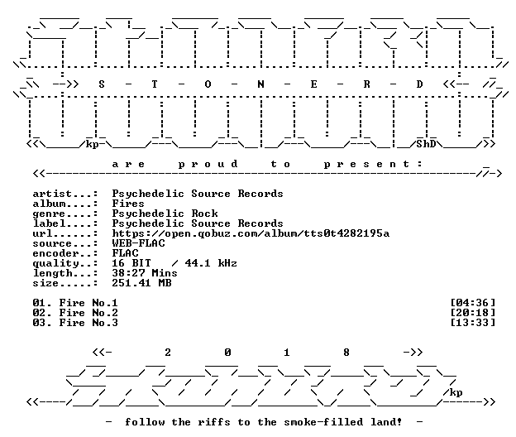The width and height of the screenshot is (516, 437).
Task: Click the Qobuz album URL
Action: pyautogui.click(x=251, y=233)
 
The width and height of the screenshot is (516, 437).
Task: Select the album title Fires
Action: pyautogui.click(x=128, y=204)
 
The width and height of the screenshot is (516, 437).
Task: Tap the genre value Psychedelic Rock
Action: pyautogui.click(x=165, y=214)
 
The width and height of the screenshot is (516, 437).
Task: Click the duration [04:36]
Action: pyautogui.click(x=472, y=303)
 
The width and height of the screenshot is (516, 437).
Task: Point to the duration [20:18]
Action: pyautogui.click(x=472, y=313)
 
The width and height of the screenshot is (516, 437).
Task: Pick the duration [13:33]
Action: pyautogui.click(x=472, y=323)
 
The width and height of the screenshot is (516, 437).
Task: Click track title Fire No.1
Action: pyautogui.click(x=88, y=303)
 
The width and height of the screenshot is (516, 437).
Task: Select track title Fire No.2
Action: pyautogui.click(x=88, y=313)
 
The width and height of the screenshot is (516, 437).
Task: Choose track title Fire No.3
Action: pyautogui.click(x=88, y=323)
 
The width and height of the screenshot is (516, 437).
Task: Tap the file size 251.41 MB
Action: pyautogui.click(x=142, y=283)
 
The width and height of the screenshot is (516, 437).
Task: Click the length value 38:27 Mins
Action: pyautogui.click(x=145, y=273)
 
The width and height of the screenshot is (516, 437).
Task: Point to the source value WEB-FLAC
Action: pyautogui.click(x=139, y=243)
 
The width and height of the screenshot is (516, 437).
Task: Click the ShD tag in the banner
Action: pyautogui.click(x=426, y=144)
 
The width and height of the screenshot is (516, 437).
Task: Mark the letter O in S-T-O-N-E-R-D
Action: pyautogui.click(x=208, y=84)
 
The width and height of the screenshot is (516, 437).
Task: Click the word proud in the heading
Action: pyautogui.click(x=208, y=165)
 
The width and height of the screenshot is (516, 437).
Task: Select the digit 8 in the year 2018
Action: pyautogui.click(x=346, y=353)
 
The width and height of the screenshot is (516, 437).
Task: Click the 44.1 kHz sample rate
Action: pyautogui.click(x=211, y=263)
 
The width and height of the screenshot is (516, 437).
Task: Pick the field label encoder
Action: pyautogui.click(x=55, y=253)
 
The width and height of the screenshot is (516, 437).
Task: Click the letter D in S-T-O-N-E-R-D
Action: pyautogui.click(x=419, y=84)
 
